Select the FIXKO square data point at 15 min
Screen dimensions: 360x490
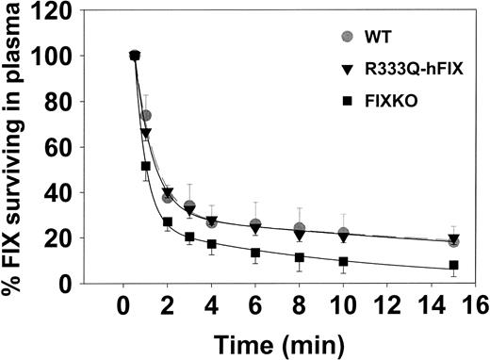[x=454, y=266]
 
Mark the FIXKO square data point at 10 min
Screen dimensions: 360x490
[x=344, y=262]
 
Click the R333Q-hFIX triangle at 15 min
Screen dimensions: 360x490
[x=454, y=239]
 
